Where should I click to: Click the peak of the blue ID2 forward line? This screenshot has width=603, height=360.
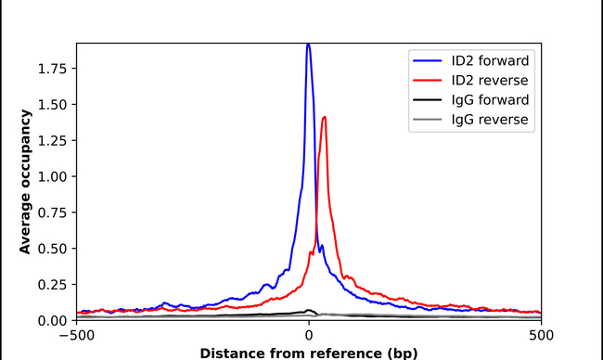click(x=308, y=45)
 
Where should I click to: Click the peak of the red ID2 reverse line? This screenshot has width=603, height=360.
click(x=324, y=117)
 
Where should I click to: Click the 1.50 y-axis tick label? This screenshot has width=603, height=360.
click(x=53, y=105)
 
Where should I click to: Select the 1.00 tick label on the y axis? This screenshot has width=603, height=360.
click(x=53, y=176)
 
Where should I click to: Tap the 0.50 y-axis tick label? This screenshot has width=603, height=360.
click(x=53, y=249)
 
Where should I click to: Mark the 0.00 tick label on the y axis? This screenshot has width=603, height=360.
click(x=53, y=320)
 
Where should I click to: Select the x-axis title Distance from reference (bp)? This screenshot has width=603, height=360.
click(x=308, y=353)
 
